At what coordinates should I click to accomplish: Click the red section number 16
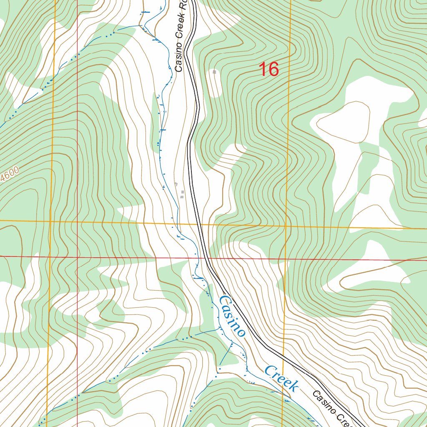point(269,69)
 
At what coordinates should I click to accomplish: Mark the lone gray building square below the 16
point(214,72)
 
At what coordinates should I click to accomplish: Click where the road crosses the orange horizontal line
point(199,224)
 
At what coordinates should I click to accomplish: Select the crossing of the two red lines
point(78,257)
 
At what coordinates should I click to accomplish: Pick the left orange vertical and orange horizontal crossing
point(50,221)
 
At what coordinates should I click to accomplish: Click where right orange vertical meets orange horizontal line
point(286,226)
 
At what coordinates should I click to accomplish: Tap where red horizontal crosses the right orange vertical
point(286,259)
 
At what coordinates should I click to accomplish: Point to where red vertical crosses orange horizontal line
point(78,222)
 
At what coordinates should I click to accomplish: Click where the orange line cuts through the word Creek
point(284,382)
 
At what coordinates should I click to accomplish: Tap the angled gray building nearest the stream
point(176,183)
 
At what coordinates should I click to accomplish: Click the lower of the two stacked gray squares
point(182,196)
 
